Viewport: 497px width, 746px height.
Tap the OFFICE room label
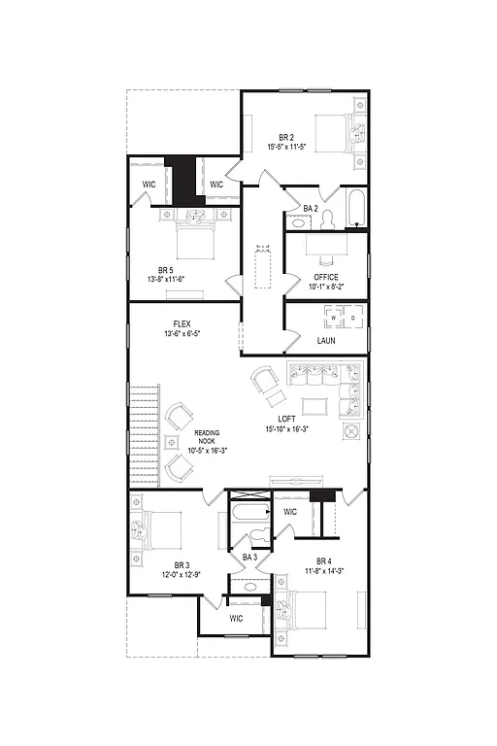325,276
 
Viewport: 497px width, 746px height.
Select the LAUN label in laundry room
326,341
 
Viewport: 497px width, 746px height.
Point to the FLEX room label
182,323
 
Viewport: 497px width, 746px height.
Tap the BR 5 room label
166,271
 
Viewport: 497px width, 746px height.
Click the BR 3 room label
182,564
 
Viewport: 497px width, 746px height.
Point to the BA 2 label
311,208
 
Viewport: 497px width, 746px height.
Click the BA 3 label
248,557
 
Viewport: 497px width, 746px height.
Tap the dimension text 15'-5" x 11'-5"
285,147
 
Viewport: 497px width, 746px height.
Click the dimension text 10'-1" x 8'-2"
325,287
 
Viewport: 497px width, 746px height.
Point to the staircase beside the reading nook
144,435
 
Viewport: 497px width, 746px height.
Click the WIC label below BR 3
236,618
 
